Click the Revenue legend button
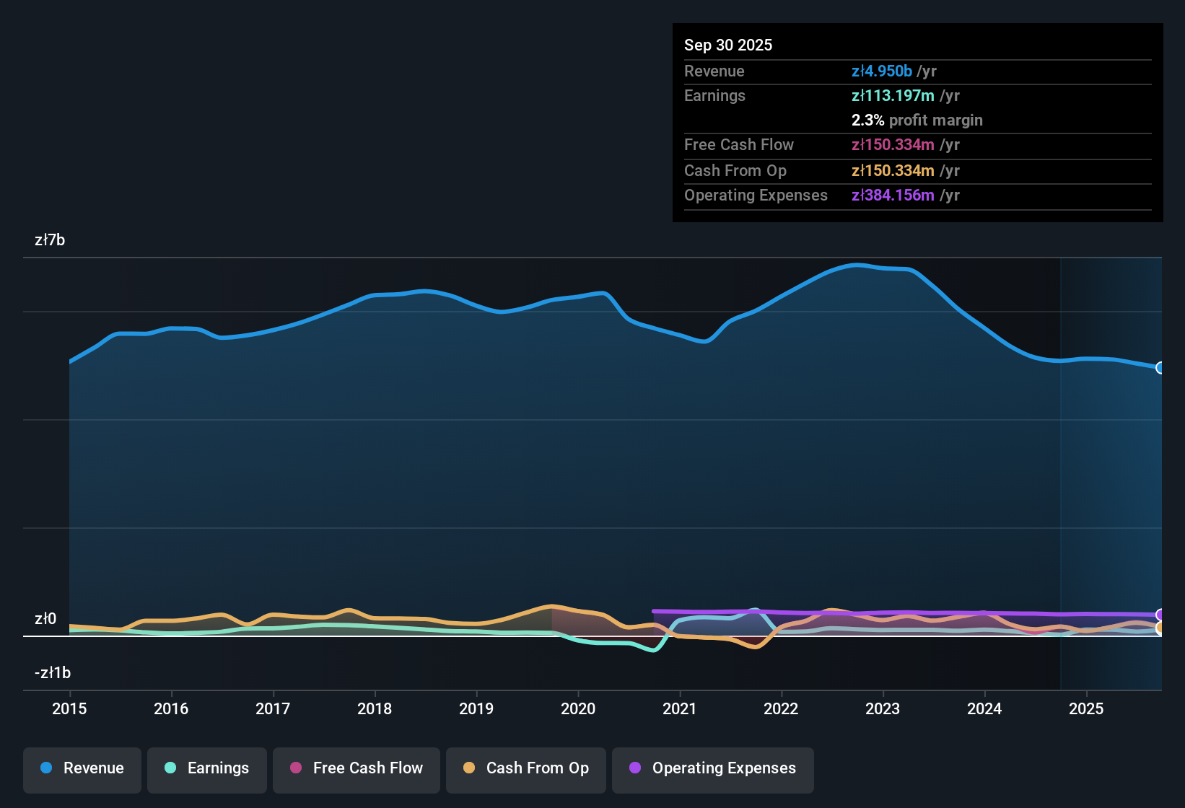coord(82,768)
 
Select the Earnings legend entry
coord(207,768)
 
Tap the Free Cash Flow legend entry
coord(357,768)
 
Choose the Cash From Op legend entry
coord(526,768)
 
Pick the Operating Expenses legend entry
coord(713,768)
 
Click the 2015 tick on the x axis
coord(69,708)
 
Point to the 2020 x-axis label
coord(578,708)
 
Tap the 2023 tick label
coord(883,708)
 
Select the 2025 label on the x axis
coord(1086,708)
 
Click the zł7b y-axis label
coord(50,240)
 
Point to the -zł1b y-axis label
coord(53,673)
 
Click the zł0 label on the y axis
coord(45,619)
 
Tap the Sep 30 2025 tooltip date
coord(728,45)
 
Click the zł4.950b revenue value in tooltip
coord(882,71)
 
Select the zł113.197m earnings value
coord(893,96)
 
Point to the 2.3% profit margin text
coord(917,120)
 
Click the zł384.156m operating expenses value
coord(893,196)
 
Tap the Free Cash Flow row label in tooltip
coord(739,145)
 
